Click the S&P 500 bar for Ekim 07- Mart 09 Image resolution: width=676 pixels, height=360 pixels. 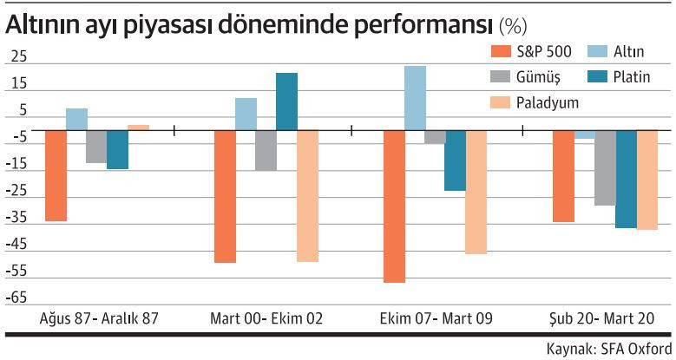coord(394,206)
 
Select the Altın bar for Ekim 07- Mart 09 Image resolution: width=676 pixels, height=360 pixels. coord(415,98)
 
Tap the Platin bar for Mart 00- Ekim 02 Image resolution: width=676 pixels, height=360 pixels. coord(286,101)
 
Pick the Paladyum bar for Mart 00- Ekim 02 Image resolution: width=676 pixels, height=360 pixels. coord(307,196)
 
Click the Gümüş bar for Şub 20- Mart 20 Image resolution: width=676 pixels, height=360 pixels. coord(605,167)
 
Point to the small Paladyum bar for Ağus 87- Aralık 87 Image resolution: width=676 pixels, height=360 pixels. coord(138,128)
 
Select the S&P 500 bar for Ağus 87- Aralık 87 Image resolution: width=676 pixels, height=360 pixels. coord(56,175)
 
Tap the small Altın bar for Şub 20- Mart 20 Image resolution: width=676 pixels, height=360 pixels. coord(584,134)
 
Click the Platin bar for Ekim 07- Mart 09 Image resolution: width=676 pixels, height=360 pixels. coord(455,160)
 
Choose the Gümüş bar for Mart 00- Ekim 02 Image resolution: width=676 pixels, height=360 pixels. coord(266,150)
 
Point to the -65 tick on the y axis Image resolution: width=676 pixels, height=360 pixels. coord(16,297)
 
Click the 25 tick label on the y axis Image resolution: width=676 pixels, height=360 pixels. coord(16,57)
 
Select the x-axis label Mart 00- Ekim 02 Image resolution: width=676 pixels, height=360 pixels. coord(266,318)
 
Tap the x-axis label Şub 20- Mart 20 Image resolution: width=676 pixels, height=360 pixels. coord(604,318)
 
